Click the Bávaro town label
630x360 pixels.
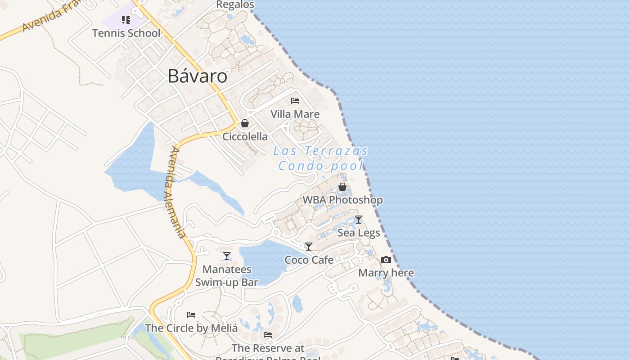click(197, 76)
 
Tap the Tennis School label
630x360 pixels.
click(126, 33)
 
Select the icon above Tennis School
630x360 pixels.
click(126, 19)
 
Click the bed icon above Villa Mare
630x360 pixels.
click(295, 100)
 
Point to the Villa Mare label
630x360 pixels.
click(295, 114)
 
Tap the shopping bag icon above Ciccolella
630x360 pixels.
click(245, 123)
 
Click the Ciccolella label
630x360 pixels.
click(245, 136)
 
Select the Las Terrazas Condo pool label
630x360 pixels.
click(320, 158)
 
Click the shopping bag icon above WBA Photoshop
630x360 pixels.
click(342, 186)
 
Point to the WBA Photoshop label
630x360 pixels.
click(342, 200)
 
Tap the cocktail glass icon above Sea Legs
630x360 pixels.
click(359, 220)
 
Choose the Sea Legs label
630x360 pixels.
click(359, 233)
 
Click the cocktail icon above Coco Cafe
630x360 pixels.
click(309, 247)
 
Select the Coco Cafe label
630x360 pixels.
click(309, 260)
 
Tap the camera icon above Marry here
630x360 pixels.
click(386, 260)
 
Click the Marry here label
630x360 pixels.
click(386, 273)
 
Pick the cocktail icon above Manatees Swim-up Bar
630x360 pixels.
click(227, 256)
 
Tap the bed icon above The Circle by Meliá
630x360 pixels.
click(191, 315)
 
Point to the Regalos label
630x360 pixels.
click(235, 4)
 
